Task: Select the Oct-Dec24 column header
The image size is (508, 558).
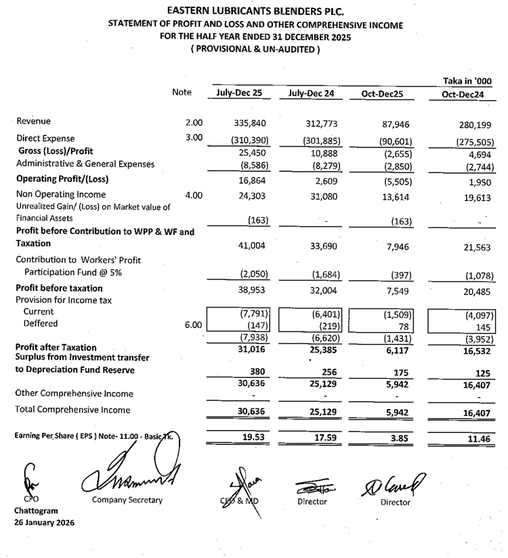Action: click(463, 95)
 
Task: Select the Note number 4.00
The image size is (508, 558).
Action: click(194, 195)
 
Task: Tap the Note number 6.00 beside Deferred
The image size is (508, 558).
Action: click(194, 325)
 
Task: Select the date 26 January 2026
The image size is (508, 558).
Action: click(45, 523)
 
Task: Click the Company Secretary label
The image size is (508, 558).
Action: click(127, 501)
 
